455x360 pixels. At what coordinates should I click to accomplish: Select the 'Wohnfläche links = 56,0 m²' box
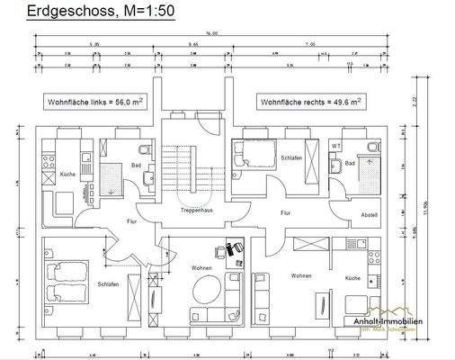[96, 103]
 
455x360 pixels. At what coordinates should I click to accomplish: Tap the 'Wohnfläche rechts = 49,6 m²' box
[310, 103]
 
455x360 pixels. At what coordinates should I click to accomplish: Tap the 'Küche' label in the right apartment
[352, 279]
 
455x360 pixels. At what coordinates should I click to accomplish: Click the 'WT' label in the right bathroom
[335, 146]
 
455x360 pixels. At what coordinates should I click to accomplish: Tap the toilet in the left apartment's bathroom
[144, 148]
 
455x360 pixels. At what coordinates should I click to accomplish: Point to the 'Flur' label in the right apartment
[286, 213]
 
